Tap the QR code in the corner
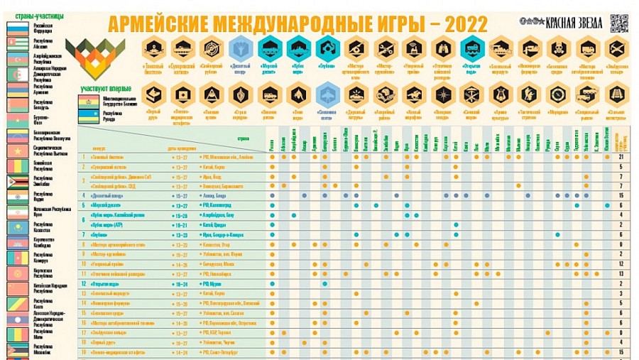coord(619,23)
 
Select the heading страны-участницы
coord(35,16)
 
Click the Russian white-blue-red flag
coord(16,29)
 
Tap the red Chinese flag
coord(16,288)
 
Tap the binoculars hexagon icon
coord(442,48)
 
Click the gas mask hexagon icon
coord(558,48)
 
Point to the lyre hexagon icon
coord(501,94)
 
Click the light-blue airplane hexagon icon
coord(325,94)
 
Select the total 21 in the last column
coord(621,156)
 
